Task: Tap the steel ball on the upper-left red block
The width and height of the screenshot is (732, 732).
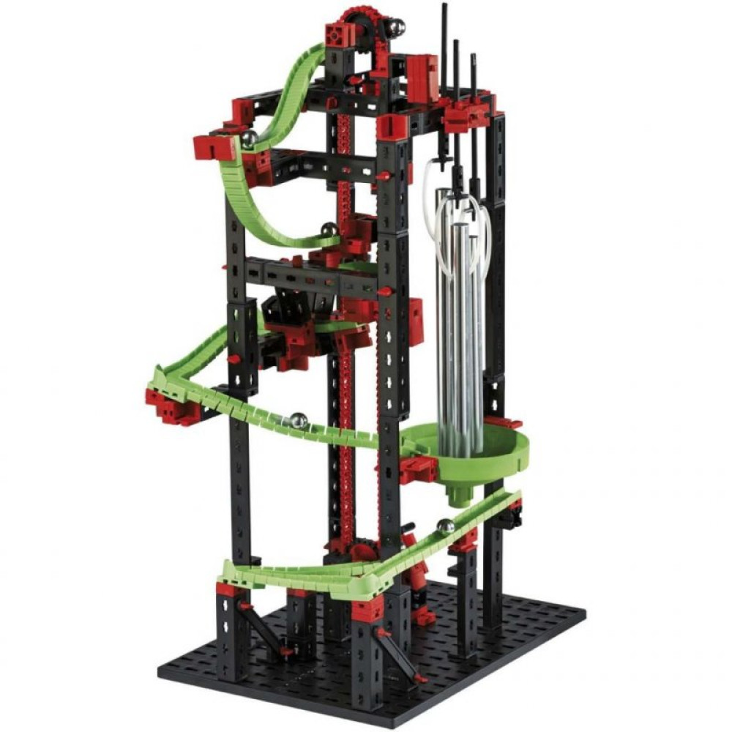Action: click(248, 138)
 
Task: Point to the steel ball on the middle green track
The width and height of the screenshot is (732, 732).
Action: click(298, 421)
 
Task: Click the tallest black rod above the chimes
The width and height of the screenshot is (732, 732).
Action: click(444, 44)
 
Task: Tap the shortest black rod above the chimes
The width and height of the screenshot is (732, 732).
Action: click(473, 81)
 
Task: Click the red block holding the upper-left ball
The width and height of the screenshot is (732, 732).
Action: click(214, 146)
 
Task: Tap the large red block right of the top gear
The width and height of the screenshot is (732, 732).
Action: click(422, 72)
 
